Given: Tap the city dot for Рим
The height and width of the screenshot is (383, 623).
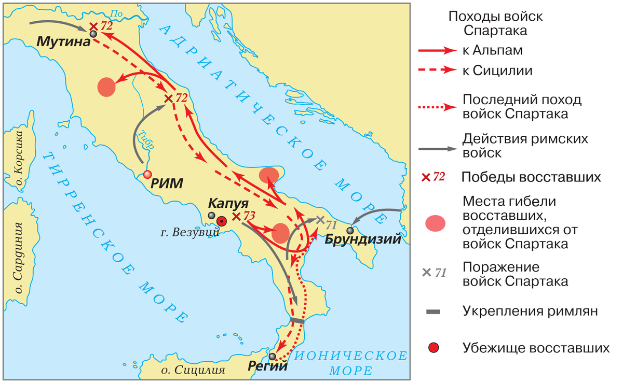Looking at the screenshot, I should click(x=147, y=175).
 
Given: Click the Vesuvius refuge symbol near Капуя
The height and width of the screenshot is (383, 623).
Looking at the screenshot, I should click(x=222, y=221).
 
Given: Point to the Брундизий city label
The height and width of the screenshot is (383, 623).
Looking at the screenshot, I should click(x=363, y=240).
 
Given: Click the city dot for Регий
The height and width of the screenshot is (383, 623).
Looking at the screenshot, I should click(x=273, y=356).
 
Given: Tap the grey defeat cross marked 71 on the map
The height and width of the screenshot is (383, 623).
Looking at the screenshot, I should click(x=320, y=220).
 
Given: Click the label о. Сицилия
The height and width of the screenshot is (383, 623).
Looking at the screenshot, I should click(x=193, y=370).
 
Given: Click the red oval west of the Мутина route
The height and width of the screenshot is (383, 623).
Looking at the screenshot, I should click(x=106, y=87).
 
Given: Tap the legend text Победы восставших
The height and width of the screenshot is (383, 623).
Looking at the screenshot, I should click(x=530, y=177).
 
